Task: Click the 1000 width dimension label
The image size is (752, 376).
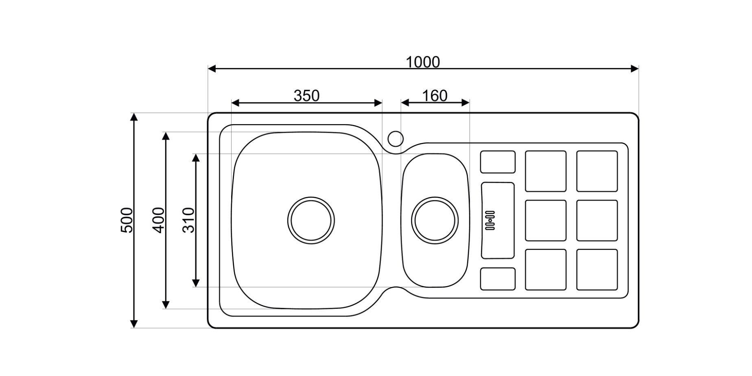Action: point(423,62)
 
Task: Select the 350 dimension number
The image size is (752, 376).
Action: point(306,96)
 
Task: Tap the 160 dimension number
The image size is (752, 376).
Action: point(435,96)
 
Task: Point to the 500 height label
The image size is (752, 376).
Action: point(127,220)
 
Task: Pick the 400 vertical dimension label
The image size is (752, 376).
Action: point(159,220)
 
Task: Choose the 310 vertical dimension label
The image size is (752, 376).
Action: point(189,220)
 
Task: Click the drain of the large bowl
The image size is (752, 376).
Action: point(311,220)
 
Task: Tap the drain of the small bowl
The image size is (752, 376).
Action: point(435,220)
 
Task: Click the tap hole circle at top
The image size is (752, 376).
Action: point(395,139)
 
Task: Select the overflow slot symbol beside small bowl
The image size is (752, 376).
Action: point(490,220)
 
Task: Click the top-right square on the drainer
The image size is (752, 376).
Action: point(597,171)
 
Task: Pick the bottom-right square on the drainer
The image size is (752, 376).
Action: point(597,269)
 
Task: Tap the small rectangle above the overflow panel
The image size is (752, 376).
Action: point(498,162)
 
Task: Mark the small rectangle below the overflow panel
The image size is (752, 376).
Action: point(498,279)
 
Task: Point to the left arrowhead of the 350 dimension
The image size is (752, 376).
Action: point(235,103)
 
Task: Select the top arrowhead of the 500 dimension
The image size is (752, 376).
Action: point(134,117)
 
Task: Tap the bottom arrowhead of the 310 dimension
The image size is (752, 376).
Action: point(196,283)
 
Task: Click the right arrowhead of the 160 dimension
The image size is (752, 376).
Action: point(466,103)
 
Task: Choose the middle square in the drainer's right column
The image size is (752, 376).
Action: point(597,220)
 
